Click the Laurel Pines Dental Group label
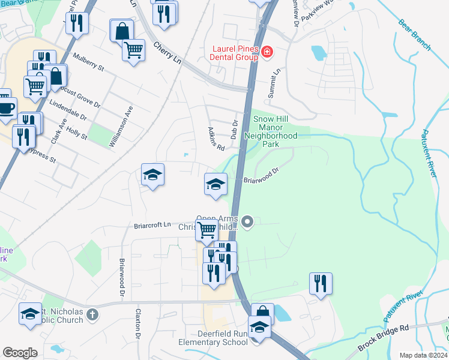coord(235,53)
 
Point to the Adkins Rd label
coord(215,139)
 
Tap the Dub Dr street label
coord(235,127)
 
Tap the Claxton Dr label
coord(138,324)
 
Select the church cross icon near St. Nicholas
coord(92,314)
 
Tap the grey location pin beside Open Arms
coord(248,223)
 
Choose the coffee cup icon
coord(6,108)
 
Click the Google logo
coord(20,353)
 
